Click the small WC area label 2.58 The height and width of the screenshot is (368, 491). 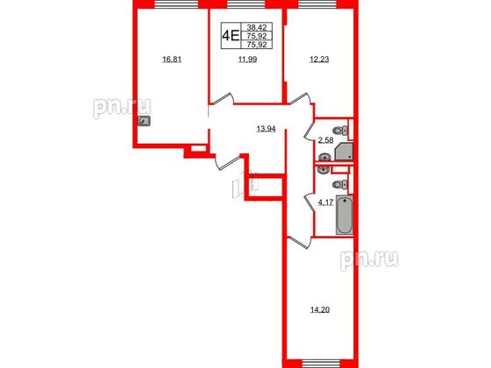[325, 139]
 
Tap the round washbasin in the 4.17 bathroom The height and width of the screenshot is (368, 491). [324, 171]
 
